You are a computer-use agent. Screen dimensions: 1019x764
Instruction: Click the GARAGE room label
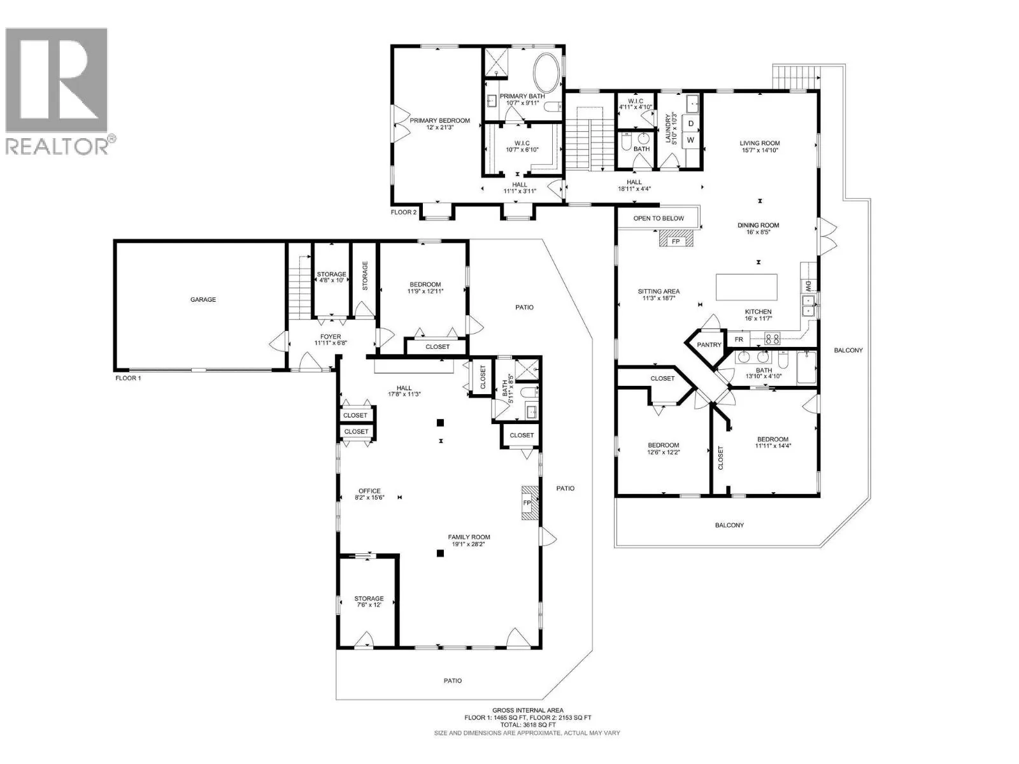[x=203, y=300]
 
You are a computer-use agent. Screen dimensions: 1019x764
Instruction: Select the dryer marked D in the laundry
[x=691, y=124]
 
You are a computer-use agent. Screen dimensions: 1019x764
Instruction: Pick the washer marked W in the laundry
[x=691, y=139]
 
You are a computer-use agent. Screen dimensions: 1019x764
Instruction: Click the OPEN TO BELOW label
[x=659, y=218]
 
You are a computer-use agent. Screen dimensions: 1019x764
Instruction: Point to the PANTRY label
[x=709, y=344]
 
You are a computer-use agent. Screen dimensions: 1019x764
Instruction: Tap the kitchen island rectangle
[x=746, y=287]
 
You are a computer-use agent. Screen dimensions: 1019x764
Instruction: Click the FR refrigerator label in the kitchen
[x=739, y=339]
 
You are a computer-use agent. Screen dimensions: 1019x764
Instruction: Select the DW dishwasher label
[x=808, y=285]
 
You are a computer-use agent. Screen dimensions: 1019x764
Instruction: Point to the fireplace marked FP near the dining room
[x=676, y=242]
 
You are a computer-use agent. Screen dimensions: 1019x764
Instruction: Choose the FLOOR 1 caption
[x=128, y=378]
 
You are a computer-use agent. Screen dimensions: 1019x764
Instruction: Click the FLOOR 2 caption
[x=403, y=213]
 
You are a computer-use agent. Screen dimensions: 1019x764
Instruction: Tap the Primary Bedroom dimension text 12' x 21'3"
[x=439, y=127]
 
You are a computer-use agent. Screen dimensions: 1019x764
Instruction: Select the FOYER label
[x=331, y=337]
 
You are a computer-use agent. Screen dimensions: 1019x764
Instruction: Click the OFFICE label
[x=369, y=491]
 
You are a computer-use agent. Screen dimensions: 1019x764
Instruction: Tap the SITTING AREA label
[x=659, y=292]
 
